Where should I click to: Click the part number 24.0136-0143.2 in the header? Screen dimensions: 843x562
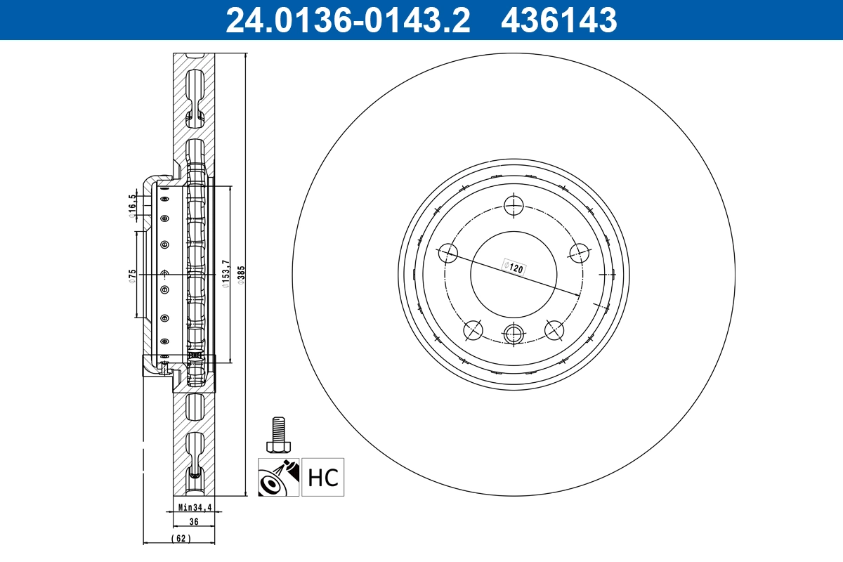(x=348, y=20)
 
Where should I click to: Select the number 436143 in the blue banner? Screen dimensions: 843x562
(x=559, y=20)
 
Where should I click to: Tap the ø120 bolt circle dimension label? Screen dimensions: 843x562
(x=514, y=268)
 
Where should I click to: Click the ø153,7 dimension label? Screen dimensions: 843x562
(x=226, y=274)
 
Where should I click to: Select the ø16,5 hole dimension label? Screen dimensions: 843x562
(x=132, y=207)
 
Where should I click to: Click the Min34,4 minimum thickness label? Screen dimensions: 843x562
(x=195, y=507)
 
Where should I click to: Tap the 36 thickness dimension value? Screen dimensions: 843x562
(x=194, y=521)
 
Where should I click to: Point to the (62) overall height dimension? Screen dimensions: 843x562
(x=181, y=538)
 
